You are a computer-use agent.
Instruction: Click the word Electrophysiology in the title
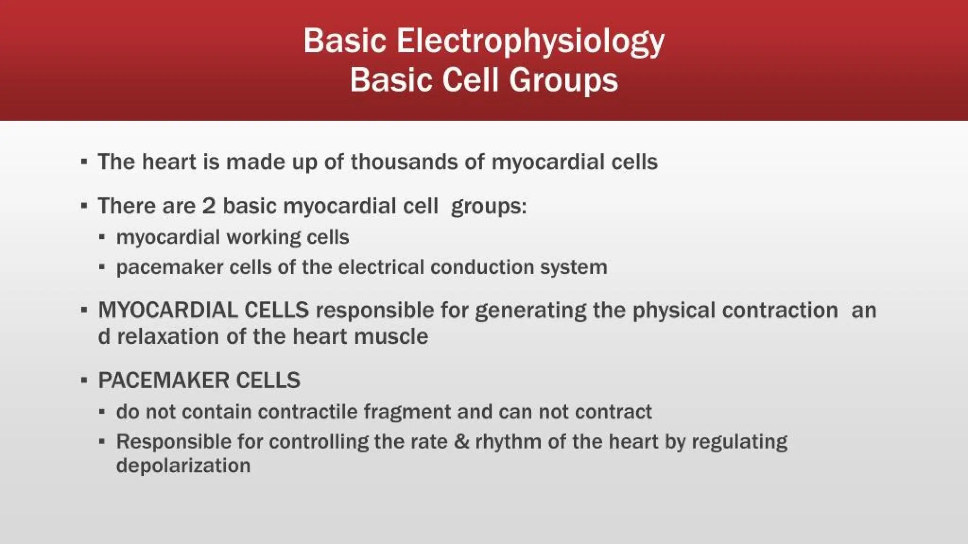(530, 42)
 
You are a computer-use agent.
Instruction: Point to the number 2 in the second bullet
(208, 206)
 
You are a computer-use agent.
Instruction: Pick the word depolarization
(183, 466)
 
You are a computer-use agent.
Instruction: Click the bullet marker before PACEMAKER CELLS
(84, 381)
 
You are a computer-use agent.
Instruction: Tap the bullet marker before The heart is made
(84, 162)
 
